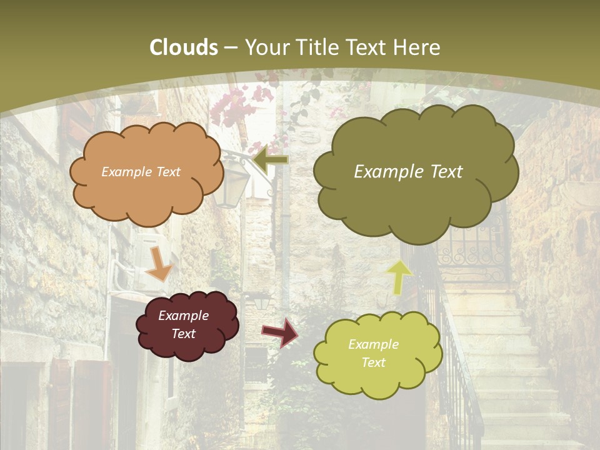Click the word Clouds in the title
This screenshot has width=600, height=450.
coord(184,47)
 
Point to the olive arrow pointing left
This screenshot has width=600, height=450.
coord(270,159)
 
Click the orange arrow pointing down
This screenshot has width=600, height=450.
coord(159,264)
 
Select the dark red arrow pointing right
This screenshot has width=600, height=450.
coord(280,332)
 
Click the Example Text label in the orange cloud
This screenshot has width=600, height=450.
coord(141,172)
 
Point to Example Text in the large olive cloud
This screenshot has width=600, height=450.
coord(408,172)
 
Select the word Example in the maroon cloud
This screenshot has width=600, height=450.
coord(183,316)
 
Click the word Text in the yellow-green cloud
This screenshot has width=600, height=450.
coord(373,362)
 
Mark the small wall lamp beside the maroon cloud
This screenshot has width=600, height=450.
coord(261,302)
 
